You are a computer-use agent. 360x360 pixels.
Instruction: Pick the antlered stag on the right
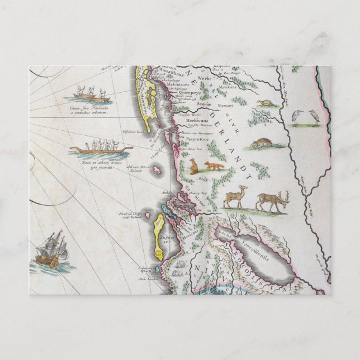[272, 201]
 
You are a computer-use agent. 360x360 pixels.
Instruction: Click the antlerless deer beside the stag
[235, 197]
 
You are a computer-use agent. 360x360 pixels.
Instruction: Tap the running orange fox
[214, 165]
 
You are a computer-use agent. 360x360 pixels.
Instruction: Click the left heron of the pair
[296, 116]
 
